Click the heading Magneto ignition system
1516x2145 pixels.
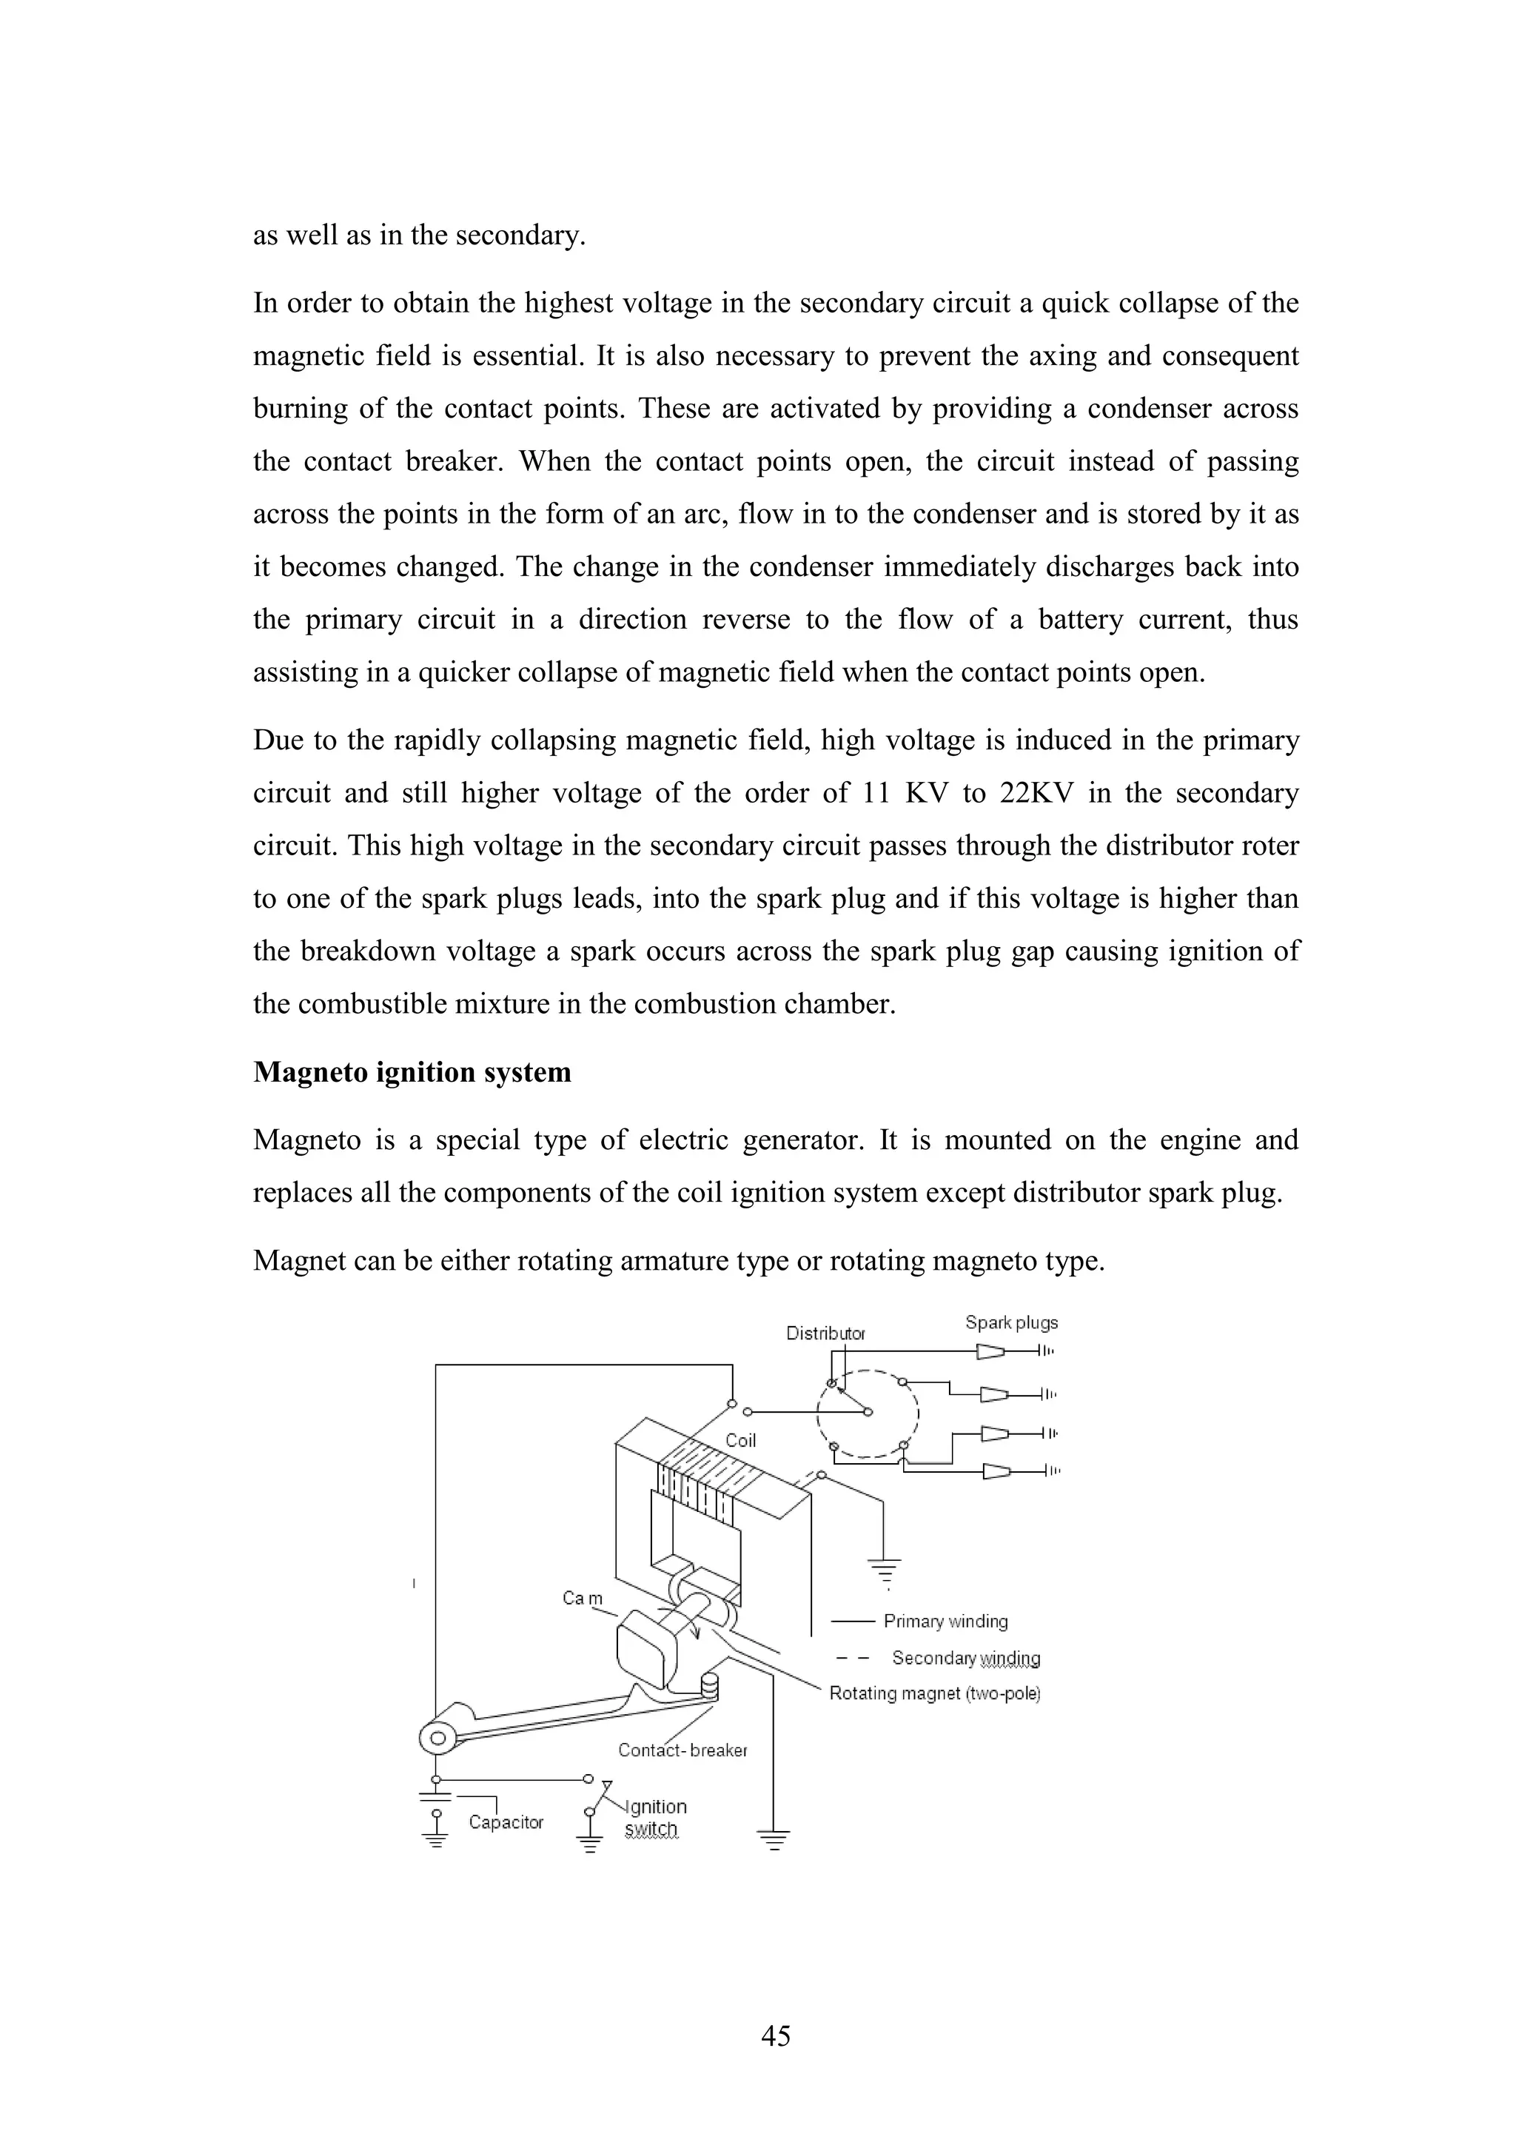pyautogui.click(x=412, y=1071)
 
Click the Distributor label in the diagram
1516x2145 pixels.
pyautogui.click(x=825, y=1333)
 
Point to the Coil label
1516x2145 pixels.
pyautogui.click(x=741, y=1441)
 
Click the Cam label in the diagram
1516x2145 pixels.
pyautogui.click(x=583, y=1599)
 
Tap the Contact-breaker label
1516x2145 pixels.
pyautogui.click(x=682, y=1750)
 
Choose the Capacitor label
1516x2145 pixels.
pyautogui.click(x=506, y=1821)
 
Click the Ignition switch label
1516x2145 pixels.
pyautogui.click(x=654, y=1817)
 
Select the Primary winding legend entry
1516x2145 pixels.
pyautogui.click(x=945, y=1621)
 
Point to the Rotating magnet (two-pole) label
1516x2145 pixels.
pyautogui.click(x=934, y=1693)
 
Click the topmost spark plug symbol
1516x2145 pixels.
pyautogui.click(x=992, y=1351)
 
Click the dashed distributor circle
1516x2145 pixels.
pyautogui.click(x=869, y=1413)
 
